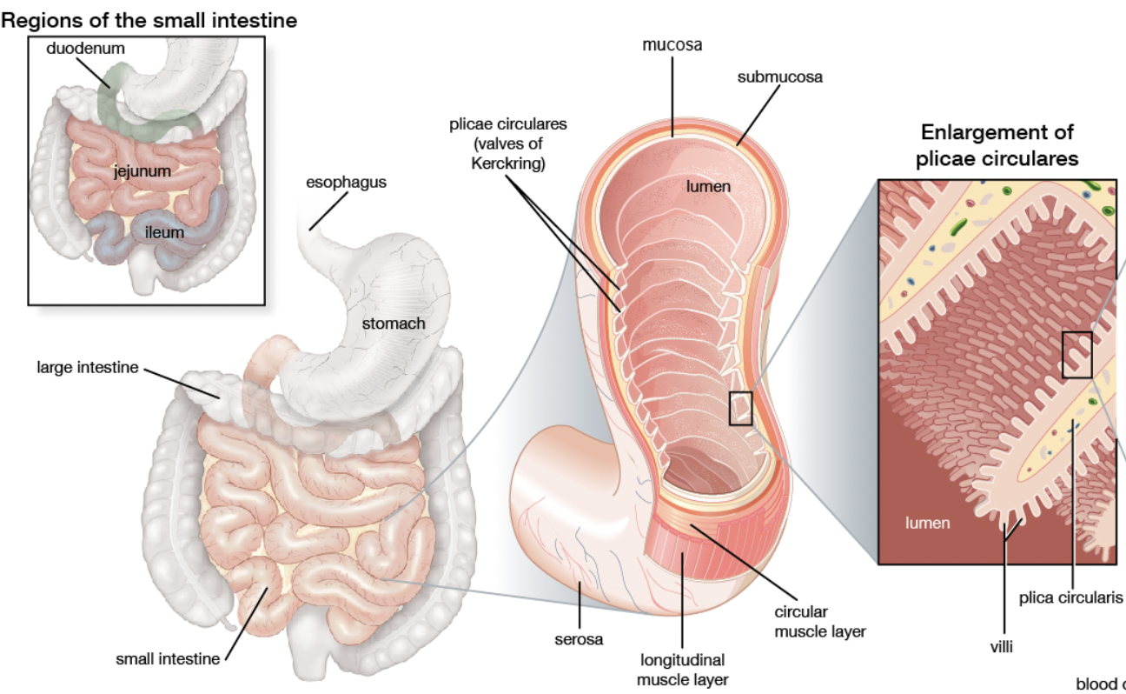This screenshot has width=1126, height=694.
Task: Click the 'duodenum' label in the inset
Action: click(x=85, y=49)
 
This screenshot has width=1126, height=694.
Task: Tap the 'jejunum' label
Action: click(x=142, y=170)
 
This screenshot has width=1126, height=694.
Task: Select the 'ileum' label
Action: click(x=164, y=232)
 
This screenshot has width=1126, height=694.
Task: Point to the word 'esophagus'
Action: click(x=346, y=183)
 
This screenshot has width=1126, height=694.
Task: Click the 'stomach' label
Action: click(x=394, y=324)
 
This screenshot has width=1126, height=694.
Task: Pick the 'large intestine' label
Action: click(x=87, y=367)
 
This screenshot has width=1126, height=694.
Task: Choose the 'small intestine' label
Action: click(x=168, y=658)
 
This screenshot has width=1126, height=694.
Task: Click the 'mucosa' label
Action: click(x=672, y=43)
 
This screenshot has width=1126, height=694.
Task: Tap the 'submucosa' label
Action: click(x=779, y=77)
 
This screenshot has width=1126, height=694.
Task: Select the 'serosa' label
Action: click(x=579, y=639)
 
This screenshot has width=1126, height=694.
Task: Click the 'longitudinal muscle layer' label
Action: click(x=682, y=670)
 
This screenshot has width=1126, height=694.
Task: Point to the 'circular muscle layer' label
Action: click(x=819, y=622)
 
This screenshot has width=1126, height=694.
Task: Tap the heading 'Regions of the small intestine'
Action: click(x=149, y=20)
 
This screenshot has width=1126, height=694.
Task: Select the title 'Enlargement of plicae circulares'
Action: click(x=997, y=145)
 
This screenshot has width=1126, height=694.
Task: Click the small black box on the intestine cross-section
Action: click(x=740, y=408)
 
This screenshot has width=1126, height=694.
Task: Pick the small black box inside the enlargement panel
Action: click(x=1076, y=355)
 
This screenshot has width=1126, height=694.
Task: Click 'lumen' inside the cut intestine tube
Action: click(x=708, y=186)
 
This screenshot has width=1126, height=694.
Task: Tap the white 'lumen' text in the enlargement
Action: click(x=928, y=523)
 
